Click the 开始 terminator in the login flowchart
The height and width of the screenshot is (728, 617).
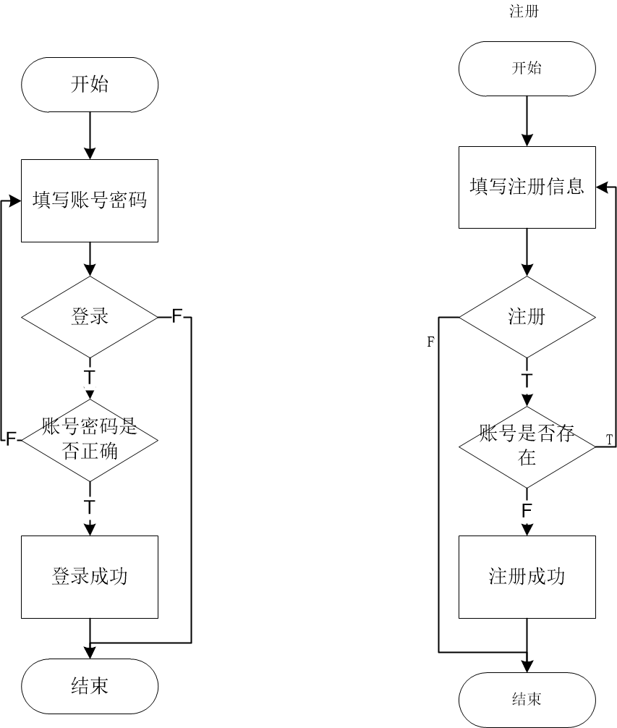point(90,85)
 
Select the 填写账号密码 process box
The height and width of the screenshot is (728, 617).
point(90,200)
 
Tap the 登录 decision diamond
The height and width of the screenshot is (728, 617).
point(90,316)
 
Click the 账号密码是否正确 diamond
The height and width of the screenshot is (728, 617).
point(90,439)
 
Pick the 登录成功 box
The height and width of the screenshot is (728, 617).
point(90,577)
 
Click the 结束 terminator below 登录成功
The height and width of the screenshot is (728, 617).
point(90,685)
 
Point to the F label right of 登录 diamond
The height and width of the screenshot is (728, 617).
point(177,316)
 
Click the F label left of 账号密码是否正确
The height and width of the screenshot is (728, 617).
point(11,439)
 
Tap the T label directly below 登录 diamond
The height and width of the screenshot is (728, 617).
point(90,376)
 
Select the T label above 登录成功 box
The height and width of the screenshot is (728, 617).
point(90,504)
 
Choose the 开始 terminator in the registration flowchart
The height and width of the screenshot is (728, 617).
point(527,69)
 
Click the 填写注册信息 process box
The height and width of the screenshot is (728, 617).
point(527,187)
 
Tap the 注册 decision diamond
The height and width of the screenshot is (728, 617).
point(527,317)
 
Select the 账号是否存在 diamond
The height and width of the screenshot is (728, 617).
point(527,446)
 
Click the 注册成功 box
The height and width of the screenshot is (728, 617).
point(527,577)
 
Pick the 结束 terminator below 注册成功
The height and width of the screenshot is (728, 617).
point(527,699)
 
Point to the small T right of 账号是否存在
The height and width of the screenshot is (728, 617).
point(609,440)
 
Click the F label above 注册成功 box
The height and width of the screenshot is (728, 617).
point(527,510)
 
